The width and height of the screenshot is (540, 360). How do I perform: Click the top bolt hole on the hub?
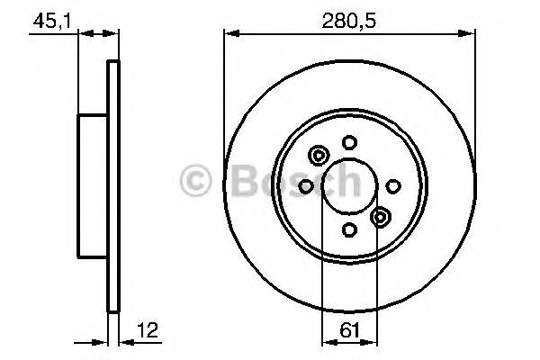349,141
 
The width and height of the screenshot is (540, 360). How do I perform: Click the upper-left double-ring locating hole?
318,155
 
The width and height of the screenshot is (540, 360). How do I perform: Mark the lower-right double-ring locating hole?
381,217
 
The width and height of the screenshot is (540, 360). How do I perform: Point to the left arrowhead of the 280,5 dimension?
229,34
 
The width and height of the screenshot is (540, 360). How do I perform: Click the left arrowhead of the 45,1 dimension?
84,34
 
